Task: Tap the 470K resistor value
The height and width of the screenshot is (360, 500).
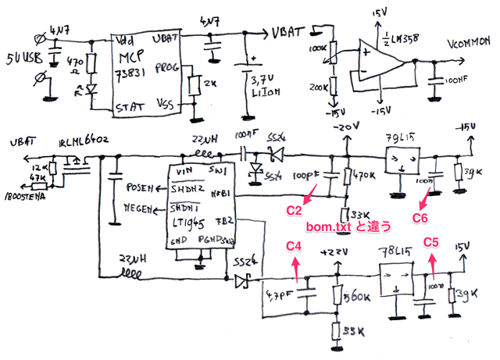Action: (366, 179)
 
